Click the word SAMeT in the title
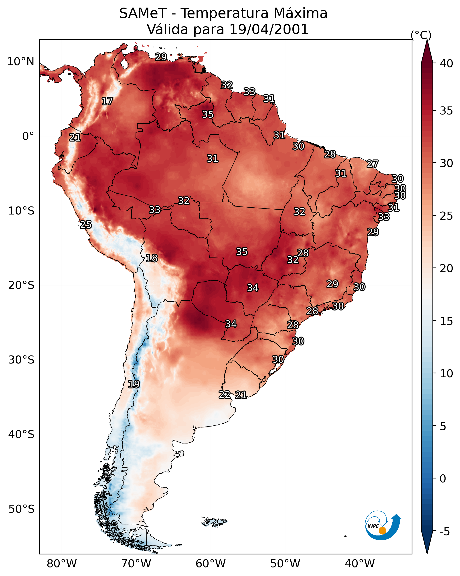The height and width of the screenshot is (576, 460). [x=143, y=13]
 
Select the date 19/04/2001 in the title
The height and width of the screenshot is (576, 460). [x=269, y=29]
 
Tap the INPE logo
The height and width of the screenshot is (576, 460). [x=382, y=526]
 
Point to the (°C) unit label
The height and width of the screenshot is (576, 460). [x=421, y=35]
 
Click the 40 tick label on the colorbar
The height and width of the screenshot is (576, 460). [x=446, y=63]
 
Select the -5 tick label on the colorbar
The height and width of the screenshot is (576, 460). [x=444, y=532]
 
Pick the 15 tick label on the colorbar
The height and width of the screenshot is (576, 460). [x=446, y=321]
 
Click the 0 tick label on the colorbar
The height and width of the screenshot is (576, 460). [x=443, y=479]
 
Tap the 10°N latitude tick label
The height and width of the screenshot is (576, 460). [x=20, y=62]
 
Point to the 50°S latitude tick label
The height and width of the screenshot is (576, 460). [x=21, y=509]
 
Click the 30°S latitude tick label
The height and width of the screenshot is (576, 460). [x=21, y=360]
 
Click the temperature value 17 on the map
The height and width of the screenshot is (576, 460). [x=107, y=101]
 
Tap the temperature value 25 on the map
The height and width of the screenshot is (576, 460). [x=86, y=225]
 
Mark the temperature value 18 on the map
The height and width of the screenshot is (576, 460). [x=152, y=258]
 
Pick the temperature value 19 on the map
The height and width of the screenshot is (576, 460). [x=134, y=384]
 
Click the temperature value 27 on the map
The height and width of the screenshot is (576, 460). [x=373, y=164]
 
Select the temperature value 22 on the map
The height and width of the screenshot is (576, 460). [x=225, y=395]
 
